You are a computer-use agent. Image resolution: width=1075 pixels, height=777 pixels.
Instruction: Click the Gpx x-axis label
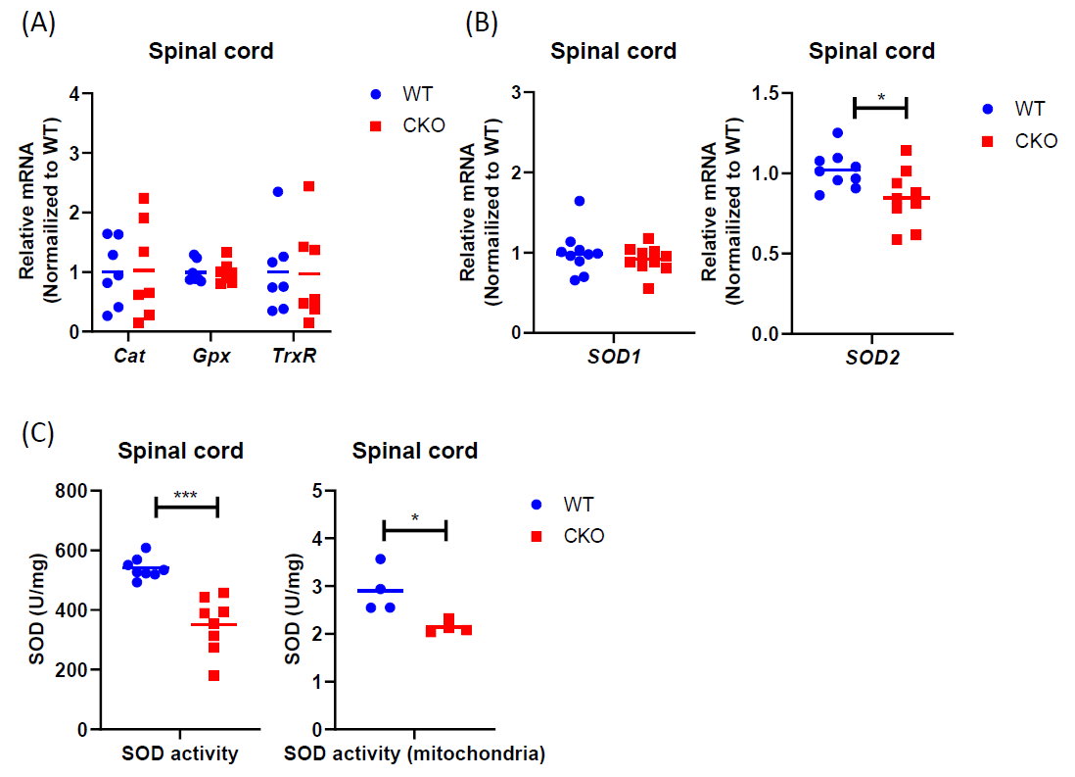click(210, 356)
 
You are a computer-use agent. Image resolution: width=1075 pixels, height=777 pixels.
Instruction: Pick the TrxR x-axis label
click(293, 356)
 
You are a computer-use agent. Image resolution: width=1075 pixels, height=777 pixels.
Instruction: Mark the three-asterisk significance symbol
click(186, 496)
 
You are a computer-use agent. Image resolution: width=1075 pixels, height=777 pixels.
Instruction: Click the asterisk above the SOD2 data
click(881, 98)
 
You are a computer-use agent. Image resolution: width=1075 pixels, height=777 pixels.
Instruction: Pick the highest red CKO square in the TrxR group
click(308, 186)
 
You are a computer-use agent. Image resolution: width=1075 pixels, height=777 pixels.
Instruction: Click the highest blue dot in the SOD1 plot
click(579, 201)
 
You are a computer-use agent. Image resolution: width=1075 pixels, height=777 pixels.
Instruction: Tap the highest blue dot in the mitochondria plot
click(381, 558)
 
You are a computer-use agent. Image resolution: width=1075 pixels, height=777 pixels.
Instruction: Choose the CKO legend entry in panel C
click(584, 536)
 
